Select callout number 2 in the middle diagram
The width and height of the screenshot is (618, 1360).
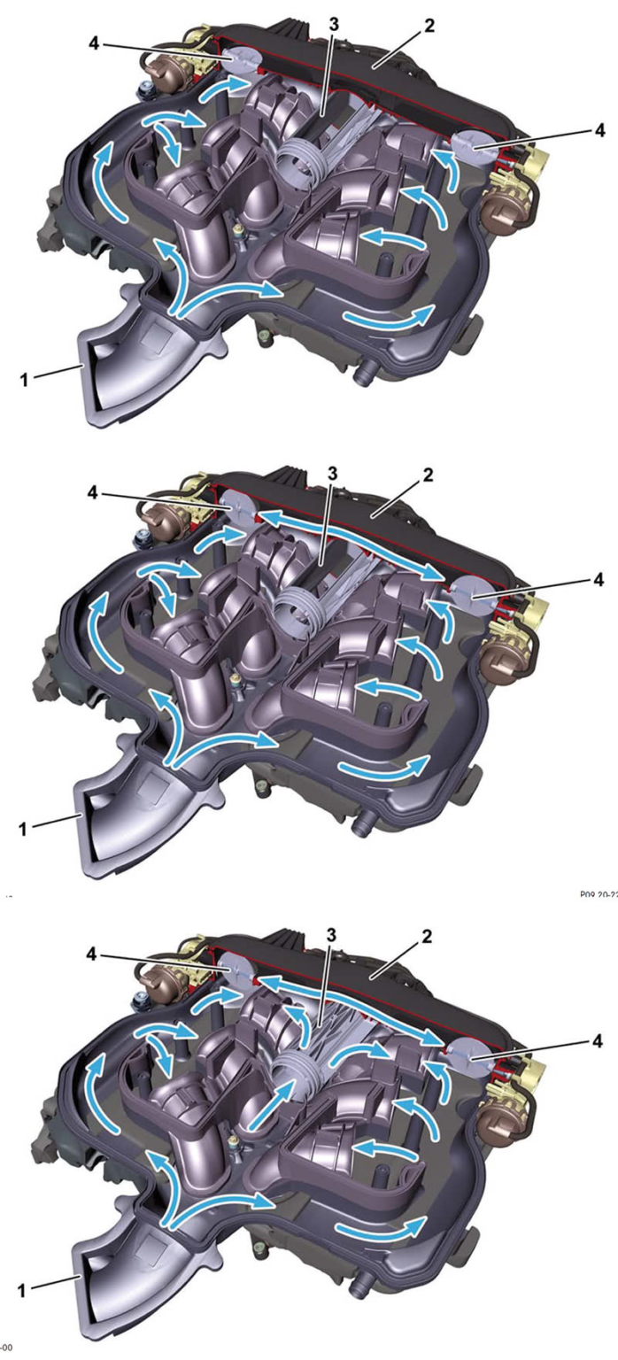point(428,475)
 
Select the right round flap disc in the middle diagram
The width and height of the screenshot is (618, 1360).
point(466,588)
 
